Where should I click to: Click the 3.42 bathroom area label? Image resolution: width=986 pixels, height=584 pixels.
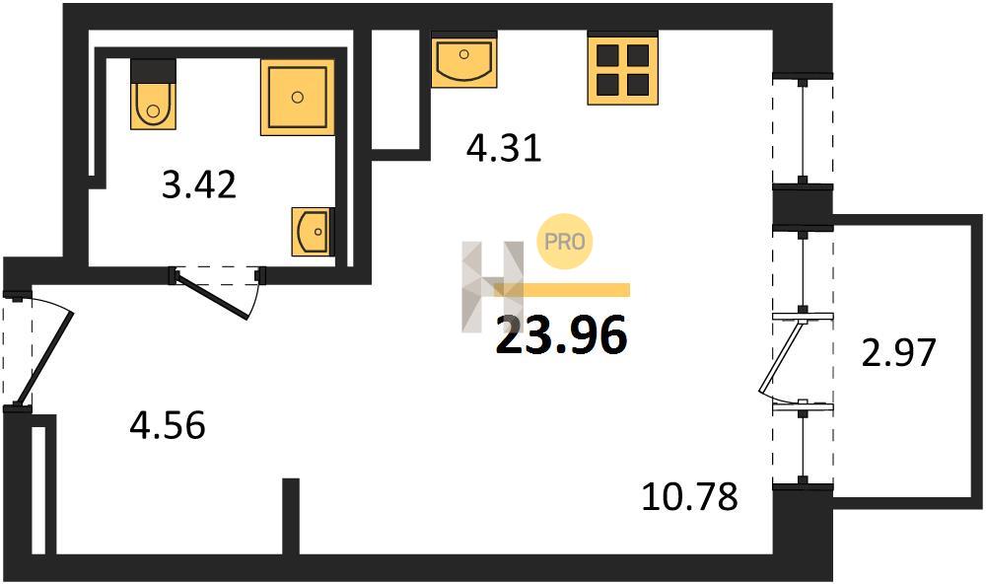tap(199, 185)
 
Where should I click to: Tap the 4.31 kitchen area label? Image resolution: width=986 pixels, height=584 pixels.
tap(504, 149)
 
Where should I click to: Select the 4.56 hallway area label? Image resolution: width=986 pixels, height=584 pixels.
tap(168, 425)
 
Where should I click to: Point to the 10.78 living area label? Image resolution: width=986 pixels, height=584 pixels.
tap(689, 496)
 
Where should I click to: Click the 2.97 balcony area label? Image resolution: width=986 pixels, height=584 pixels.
tap(898, 352)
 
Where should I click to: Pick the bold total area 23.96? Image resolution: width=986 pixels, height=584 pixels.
tap(562, 335)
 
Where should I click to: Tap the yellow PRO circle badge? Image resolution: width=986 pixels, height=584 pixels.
tap(564, 241)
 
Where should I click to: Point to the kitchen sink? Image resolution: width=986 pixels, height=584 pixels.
tap(464, 60)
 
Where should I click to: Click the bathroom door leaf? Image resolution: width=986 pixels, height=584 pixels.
tap(213, 295)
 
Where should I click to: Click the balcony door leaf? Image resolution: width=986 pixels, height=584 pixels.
tap(782, 355)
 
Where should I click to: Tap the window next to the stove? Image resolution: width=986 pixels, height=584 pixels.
tap(803, 131)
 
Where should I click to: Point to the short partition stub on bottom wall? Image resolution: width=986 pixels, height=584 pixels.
tap(291, 516)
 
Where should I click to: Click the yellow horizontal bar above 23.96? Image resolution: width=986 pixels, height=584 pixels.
tap(562, 289)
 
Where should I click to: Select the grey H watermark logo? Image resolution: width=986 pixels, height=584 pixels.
tap(492, 286)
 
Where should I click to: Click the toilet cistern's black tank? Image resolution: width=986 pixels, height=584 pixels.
tap(153, 69)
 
